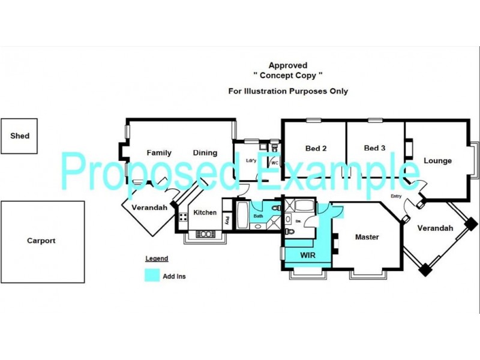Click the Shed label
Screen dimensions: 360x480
(x=20, y=136)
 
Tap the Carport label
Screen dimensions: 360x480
(x=41, y=241)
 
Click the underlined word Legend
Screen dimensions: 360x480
(x=156, y=259)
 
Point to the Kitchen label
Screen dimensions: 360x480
(x=205, y=212)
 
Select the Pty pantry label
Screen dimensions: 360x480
(x=227, y=220)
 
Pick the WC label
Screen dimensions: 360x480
(x=274, y=163)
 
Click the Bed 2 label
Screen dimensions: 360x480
(x=316, y=148)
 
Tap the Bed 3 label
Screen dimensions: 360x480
(x=374, y=148)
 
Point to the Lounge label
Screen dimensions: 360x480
(x=437, y=161)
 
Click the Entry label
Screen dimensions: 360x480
(x=396, y=196)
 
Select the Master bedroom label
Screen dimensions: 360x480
(x=367, y=237)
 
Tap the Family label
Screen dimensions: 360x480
(x=159, y=153)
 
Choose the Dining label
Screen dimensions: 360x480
(x=205, y=153)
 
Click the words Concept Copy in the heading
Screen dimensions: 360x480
(x=288, y=76)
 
